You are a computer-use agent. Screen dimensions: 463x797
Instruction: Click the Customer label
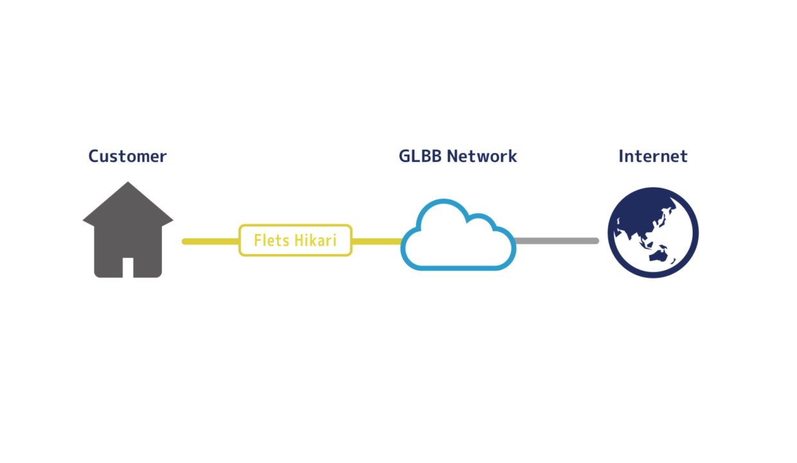coord(127,156)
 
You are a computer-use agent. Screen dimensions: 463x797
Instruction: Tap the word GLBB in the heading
coord(420,156)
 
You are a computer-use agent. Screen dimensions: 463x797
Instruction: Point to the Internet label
coord(652,156)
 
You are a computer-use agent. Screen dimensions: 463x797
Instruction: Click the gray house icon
coord(128,235)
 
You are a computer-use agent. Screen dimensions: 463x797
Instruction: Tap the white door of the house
coord(128,268)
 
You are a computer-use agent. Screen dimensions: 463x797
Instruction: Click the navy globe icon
coord(653,232)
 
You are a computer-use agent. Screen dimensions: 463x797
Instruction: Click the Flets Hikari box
coord(295,241)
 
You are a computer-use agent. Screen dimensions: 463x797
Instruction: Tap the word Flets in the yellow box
coord(271,241)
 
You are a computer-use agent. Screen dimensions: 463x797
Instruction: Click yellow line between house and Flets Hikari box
coord(210,241)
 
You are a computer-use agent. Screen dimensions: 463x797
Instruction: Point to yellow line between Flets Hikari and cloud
coord(377,241)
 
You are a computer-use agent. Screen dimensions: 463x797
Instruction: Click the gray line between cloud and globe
coord(557,241)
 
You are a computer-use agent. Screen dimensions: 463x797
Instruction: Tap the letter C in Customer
coord(94,156)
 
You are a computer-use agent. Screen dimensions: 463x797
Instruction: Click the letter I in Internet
coord(621,156)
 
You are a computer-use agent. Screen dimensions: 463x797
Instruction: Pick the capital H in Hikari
coord(298,241)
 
